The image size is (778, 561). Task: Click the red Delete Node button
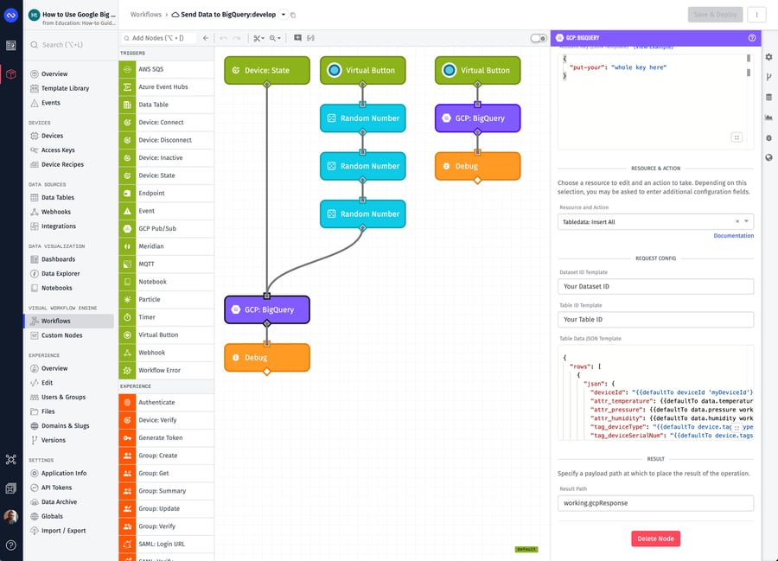tap(655, 539)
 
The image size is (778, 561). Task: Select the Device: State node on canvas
tap(266, 70)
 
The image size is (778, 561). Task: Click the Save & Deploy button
tap(714, 15)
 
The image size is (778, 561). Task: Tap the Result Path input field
tap(656, 503)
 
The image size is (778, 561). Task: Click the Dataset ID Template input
tap(656, 286)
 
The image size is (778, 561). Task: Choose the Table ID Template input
tap(656, 320)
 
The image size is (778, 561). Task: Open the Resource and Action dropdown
tap(656, 222)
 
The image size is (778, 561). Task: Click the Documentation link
tap(733, 236)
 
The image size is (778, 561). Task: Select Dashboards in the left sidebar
tap(58, 259)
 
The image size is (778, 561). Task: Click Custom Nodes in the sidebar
tap(63, 335)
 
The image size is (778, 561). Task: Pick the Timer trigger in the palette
tap(146, 317)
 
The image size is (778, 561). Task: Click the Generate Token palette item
tap(162, 437)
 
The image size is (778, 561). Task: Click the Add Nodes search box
tap(160, 38)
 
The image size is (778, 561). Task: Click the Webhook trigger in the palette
tap(151, 353)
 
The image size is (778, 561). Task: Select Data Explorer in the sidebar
tap(61, 274)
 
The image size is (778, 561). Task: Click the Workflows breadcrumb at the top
tap(144, 15)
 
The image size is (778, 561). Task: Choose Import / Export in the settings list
tap(64, 531)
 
